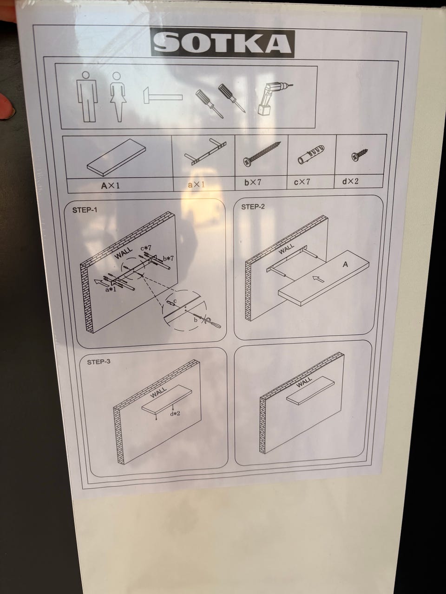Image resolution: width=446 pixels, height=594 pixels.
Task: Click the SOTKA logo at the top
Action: (x=223, y=43)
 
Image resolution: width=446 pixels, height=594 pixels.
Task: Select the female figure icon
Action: (x=118, y=97)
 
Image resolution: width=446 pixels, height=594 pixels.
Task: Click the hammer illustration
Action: (x=163, y=95)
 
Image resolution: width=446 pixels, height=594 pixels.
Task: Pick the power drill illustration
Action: (x=274, y=99)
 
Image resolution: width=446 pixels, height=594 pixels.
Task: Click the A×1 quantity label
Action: (x=111, y=186)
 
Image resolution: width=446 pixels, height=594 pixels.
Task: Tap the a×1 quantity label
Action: (x=197, y=185)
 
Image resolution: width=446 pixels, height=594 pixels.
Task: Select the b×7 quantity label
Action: (x=253, y=182)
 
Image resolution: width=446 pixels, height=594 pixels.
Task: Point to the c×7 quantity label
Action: (x=302, y=182)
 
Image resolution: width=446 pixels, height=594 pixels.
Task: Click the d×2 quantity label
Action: (x=350, y=181)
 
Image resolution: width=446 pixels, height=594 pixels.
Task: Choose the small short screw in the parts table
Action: (x=360, y=155)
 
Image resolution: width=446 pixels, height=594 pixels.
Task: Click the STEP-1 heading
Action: (x=85, y=210)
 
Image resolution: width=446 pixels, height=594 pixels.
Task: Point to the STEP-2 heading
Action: (x=253, y=207)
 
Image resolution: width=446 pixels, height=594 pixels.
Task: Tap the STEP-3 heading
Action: (x=98, y=362)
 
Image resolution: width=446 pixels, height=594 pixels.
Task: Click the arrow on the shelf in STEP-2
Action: (x=318, y=279)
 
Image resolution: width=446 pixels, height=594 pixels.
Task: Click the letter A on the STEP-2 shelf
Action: (x=345, y=264)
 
